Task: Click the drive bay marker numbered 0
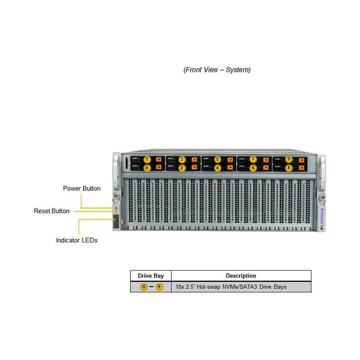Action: tap(146, 168)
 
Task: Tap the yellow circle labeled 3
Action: tap(182, 159)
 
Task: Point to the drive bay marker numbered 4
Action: tap(217, 168)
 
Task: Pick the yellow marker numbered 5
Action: tap(217, 159)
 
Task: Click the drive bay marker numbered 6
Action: tap(253, 168)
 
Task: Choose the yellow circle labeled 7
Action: tap(253, 159)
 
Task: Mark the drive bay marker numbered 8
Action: tap(288, 168)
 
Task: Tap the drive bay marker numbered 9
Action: tap(288, 159)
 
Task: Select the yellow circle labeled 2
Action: tap(182, 168)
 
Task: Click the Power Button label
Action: tap(82, 189)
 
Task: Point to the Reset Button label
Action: tap(52, 211)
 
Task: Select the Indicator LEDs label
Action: tap(76, 240)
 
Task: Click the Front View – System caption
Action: tap(217, 70)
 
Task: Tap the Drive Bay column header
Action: tap(151, 276)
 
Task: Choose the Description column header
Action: tap(241, 276)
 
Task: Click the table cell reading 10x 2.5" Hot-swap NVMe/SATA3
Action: tap(231, 287)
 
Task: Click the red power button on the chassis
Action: tap(116, 208)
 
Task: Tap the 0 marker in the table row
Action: tap(144, 287)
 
